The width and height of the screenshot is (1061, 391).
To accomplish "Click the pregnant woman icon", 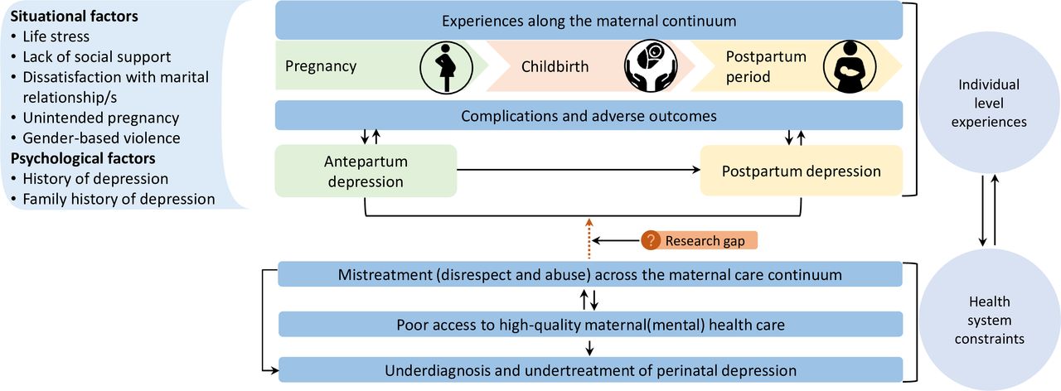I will tap(444, 67).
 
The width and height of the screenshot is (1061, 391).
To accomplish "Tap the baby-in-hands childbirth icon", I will tap(647, 67).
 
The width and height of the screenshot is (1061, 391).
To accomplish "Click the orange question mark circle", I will tap(651, 241).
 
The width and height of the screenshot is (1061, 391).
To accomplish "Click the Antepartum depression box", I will tap(366, 171).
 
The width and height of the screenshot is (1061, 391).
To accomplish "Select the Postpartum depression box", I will tap(801, 171).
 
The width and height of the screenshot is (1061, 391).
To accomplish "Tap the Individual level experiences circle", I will tap(988, 104).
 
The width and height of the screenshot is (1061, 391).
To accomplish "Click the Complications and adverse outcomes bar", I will tap(589, 116).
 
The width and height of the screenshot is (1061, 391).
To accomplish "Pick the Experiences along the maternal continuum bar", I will tap(589, 21).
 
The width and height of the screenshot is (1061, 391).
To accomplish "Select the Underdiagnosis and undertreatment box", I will tap(590, 369).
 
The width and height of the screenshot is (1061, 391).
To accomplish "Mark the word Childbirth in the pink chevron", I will tap(555, 67).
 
